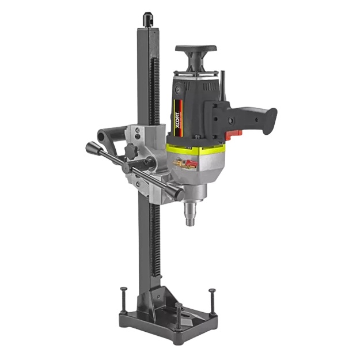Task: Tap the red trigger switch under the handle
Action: click(234, 135)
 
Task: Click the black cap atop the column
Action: click(148, 20)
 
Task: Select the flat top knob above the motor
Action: click(196, 48)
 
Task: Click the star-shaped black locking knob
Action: click(132, 150)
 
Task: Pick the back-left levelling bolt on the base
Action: click(124, 300)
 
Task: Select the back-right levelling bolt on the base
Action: click(213, 301)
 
